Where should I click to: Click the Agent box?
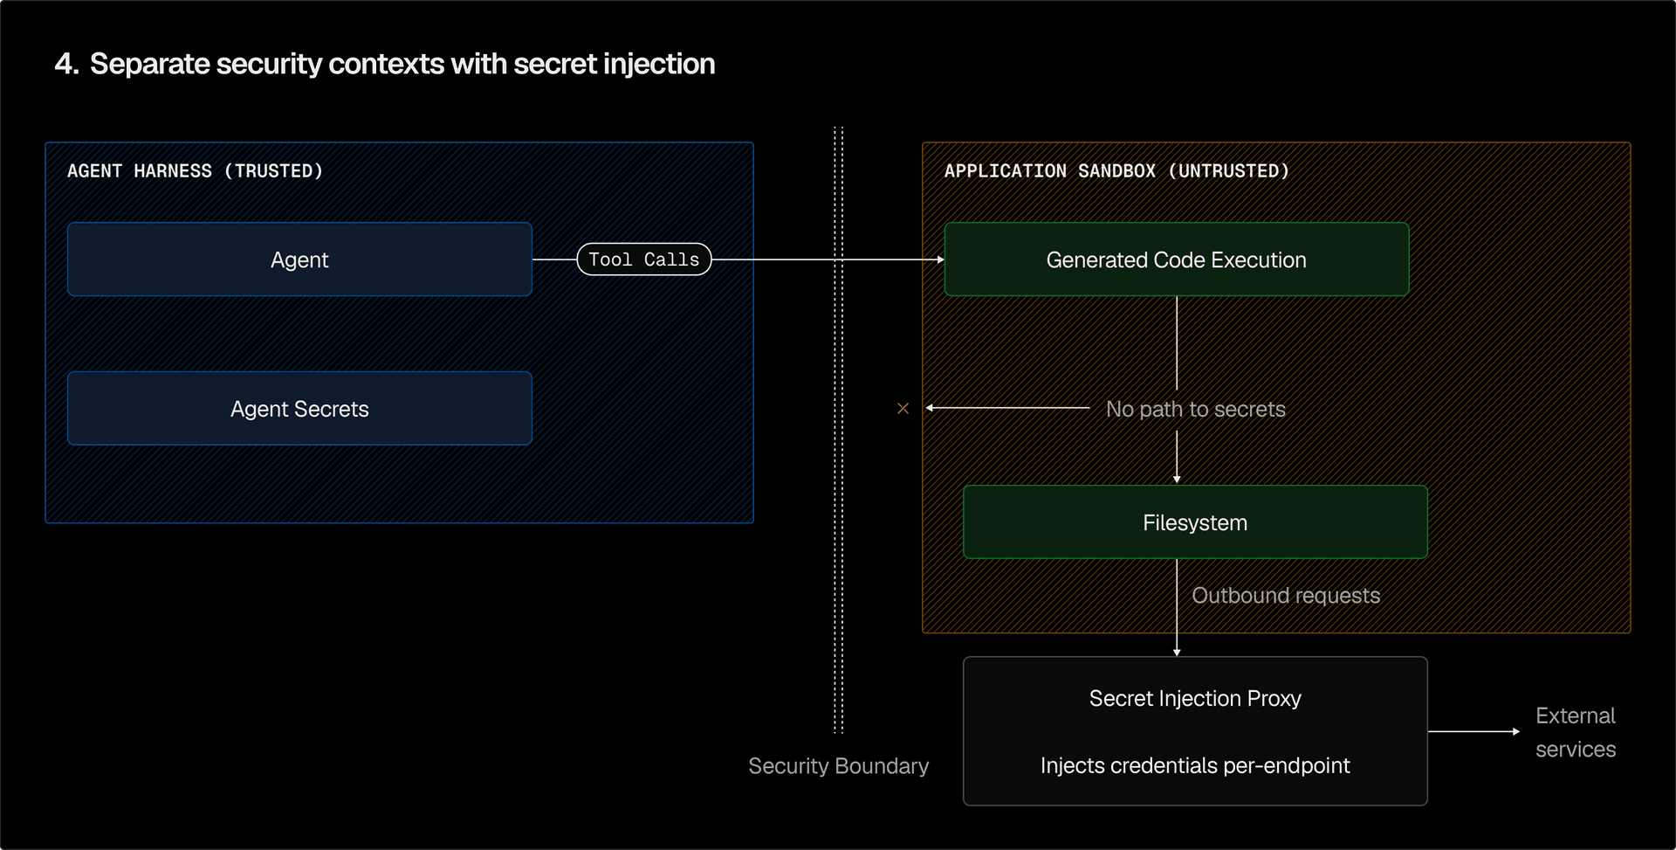click(299, 259)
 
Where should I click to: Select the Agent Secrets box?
click(299, 409)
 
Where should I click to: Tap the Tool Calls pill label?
click(644, 259)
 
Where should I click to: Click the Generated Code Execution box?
click(1176, 259)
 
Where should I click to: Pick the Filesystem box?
click(1194, 522)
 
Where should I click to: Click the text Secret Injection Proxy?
click(1194, 698)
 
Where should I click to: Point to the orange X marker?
click(903, 408)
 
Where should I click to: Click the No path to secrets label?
click(1195, 409)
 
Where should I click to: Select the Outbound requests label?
click(1285, 595)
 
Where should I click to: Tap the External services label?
click(1575, 732)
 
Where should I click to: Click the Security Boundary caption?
click(838, 765)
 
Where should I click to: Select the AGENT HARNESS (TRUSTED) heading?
click(195, 171)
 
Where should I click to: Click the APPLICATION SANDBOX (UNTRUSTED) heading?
click(1116, 171)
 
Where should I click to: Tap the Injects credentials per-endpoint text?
click(1194, 765)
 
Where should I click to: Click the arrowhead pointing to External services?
click(1516, 731)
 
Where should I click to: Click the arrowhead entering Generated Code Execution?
click(940, 259)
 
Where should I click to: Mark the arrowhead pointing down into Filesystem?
click(1177, 480)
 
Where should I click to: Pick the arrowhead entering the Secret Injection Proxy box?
click(1177, 653)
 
